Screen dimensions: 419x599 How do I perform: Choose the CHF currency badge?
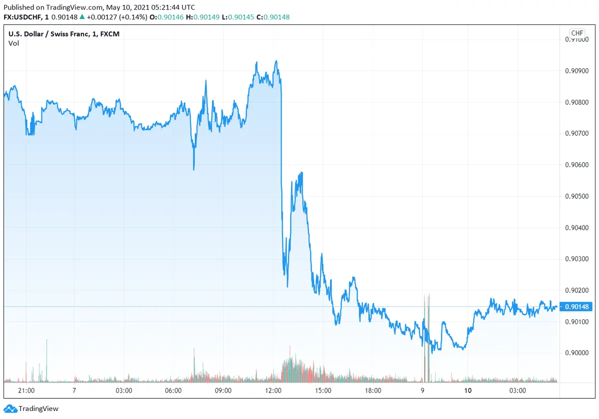pos(577,33)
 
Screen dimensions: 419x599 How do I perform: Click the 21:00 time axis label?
pos(26,391)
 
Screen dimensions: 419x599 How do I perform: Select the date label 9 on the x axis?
pos(422,391)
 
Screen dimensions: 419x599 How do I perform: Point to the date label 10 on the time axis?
pos(468,391)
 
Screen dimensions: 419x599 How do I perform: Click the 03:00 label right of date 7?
pos(123,391)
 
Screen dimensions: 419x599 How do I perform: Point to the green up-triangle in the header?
pos(82,17)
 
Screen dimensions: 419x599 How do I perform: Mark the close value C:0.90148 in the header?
pos(273,17)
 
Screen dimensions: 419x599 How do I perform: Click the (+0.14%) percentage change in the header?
pos(133,17)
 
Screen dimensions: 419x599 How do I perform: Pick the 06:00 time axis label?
pos(173,391)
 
